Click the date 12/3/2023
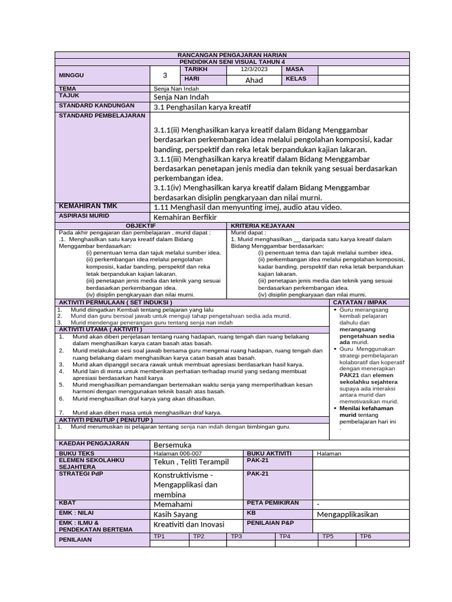coord(254,69)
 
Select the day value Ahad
coord(254,80)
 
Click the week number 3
coord(165,75)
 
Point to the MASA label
coord(294,69)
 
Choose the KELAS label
coord(296,79)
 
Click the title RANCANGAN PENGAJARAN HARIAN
coord(232,55)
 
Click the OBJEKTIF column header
coord(141,225)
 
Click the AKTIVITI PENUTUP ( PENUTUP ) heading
coord(105,420)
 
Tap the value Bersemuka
coord(172,444)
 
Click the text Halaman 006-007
coord(177,453)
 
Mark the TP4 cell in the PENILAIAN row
coord(285,536)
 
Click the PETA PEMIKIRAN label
coord(272,503)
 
